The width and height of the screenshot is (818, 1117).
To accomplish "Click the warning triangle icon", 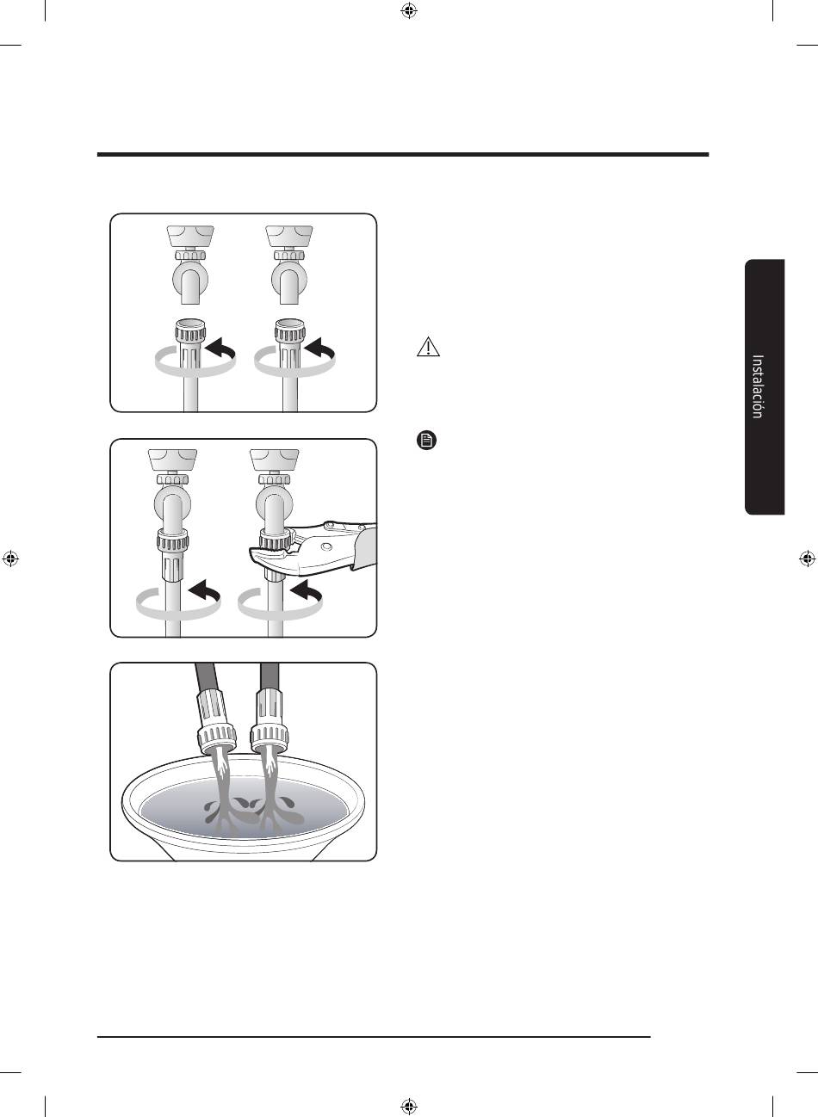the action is click(428, 347).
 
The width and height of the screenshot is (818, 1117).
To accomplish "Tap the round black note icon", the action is click(426, 441).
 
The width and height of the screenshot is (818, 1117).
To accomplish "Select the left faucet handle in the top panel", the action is click(190, 236).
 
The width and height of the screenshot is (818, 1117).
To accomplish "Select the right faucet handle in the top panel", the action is click(289, 236).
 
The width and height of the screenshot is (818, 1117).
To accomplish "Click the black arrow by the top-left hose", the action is click(220, 349).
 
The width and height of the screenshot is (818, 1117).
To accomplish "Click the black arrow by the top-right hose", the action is click(319, 349).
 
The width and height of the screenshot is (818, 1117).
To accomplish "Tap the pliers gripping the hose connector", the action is click(319, 546).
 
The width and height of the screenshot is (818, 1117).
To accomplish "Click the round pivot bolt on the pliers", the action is click(327, 547).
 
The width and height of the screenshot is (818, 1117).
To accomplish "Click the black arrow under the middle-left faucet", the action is click(205, 590).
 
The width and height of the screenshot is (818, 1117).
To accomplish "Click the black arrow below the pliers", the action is click(306, 590).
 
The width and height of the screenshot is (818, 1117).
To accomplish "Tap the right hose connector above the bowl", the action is click(270, 723).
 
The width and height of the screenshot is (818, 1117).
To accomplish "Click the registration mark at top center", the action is click(409, 10).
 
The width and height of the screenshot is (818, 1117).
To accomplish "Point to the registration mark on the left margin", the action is click(10, 558).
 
